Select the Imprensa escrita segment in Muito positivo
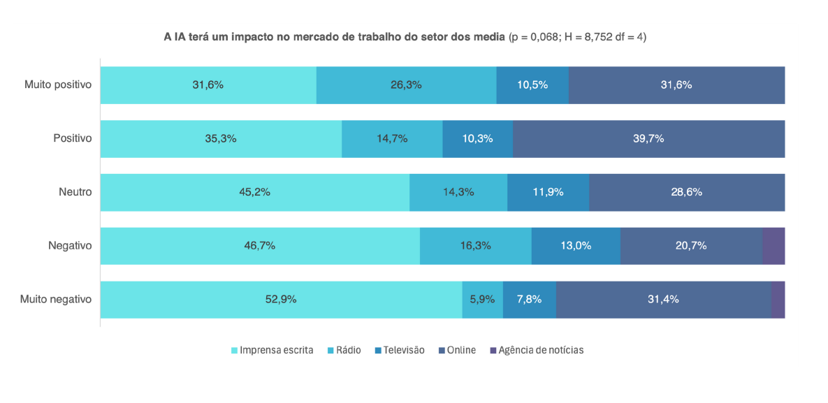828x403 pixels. click(208, 85)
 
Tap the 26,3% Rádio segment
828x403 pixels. click(406, 85)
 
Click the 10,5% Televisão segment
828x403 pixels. click(532, 85)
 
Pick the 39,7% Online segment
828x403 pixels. click(648, 138)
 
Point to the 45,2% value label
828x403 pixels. click(255, 192)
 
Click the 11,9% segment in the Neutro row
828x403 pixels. click(548, 192)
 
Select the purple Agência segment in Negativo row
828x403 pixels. click(773, 246)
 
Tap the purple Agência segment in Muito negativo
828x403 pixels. click(778, 300)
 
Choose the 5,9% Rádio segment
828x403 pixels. click(482, 300)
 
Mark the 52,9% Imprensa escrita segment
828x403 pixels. click(281, 300)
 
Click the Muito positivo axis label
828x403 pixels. click(58, 85)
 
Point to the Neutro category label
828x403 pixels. click(75, 192)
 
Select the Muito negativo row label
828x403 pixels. click(56, 300)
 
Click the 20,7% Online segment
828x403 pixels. click(691, 246)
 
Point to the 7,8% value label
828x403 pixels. click(529, 300)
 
